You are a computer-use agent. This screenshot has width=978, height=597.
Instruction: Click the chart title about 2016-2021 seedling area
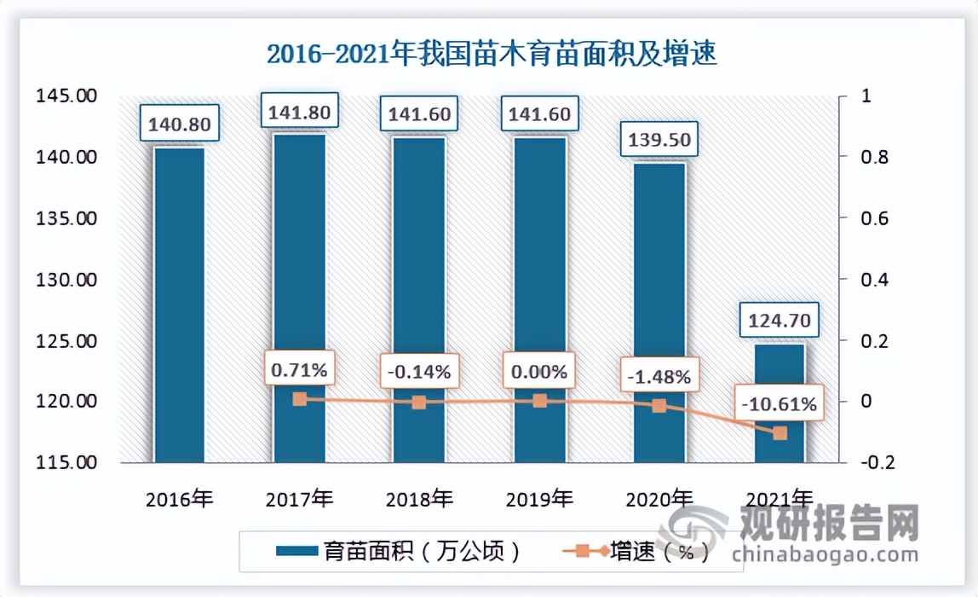pos(492,55)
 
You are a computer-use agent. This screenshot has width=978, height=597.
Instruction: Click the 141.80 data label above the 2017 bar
pos(299,113)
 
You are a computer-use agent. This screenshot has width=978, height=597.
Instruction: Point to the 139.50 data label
pos(659,139)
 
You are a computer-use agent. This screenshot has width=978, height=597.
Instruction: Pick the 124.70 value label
pos(779,322)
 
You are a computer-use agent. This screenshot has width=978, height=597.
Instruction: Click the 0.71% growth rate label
pos(299,370)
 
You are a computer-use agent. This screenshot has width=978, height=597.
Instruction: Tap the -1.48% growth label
pos(659,375)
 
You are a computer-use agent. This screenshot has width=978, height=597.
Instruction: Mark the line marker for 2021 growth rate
pos(780,433)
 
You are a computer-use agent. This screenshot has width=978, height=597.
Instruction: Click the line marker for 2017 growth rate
pos(299,399)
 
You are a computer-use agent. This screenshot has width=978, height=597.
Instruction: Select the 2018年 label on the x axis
pos(418,500)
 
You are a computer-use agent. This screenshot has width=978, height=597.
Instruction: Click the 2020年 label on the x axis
pos(659,500)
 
